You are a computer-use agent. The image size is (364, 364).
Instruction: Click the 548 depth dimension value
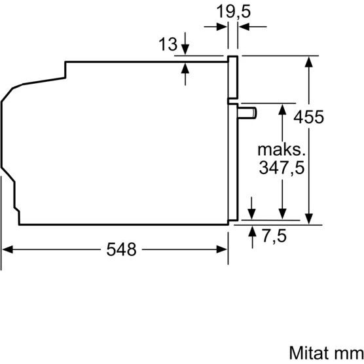coord(121,249)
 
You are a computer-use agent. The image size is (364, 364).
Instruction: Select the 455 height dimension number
coord(308,117)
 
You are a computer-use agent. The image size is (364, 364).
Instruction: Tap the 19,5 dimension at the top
coord(234,12)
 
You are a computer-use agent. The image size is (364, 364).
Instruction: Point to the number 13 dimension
coord(168,44)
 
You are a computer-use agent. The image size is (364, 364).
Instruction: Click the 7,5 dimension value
coord(274,236)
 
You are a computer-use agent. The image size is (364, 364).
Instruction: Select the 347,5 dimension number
coord(282,168)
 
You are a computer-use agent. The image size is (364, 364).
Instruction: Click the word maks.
coord(282,150)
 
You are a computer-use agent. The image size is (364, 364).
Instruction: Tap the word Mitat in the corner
coord(310,353)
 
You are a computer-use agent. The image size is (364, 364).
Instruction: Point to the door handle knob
coord(247,113)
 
